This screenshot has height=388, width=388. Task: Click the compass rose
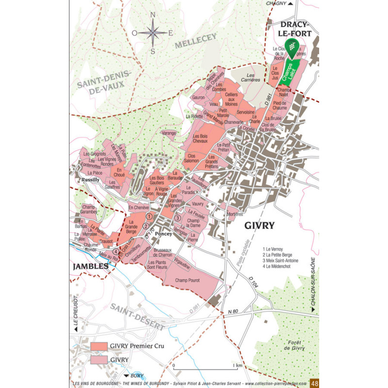point(153,32)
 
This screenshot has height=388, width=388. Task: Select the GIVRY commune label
point(259,225)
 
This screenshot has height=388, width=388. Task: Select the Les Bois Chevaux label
point(200,139)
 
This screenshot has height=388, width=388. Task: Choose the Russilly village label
point(91,179)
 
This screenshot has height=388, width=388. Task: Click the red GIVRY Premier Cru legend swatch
point(98,346)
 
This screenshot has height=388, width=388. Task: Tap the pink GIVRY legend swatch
point(98,359)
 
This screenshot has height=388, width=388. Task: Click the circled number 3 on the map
point(178,218)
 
